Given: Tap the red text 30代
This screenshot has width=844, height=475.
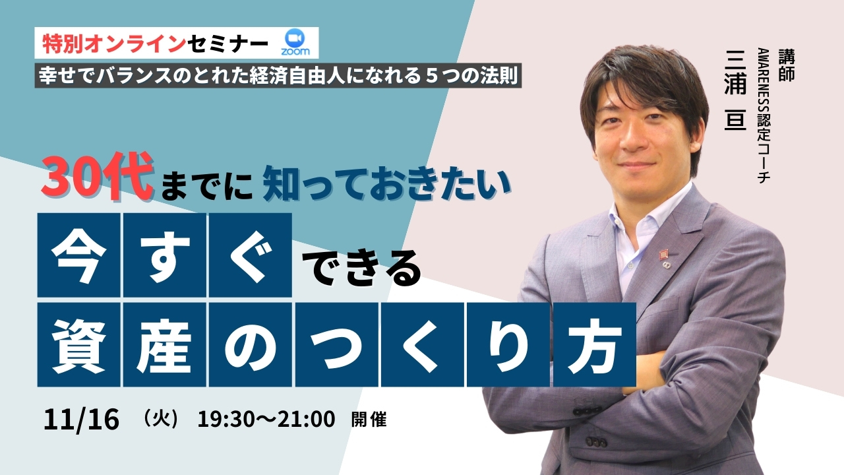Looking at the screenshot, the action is pyautogui.click(x=98, y=176).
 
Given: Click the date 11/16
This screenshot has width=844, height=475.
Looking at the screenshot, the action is pyautogui.click(x=81, y=419).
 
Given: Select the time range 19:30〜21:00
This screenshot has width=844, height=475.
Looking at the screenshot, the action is pyautogui.click(x=266, y=419).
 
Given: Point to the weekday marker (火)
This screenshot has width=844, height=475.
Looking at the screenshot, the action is pyautogui.click(x=161, y=418).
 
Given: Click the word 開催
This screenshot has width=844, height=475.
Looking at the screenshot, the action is pyautogui.click(x=369, y=420).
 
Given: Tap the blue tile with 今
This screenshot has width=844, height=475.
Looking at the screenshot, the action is pyautogui.click(x=78, y=255).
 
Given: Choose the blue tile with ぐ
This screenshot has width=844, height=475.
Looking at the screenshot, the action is pyautogui.click(x=251, y=255).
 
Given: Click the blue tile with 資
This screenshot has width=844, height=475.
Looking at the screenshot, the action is pyautogui.click(x=78, y=344).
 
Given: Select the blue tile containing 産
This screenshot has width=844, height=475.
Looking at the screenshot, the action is pyautogui.click(x=165, y=344).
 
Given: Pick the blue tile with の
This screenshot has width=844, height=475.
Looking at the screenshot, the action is pyautogui.click(x=251, y=344).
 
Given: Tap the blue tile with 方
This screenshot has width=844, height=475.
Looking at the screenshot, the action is pyautogui.click(x=595, y=344).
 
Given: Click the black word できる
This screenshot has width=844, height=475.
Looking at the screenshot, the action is pyautogui.click(x=362, y=268).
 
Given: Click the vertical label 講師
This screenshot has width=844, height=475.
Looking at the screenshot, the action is pyautogui.click(x=787, y=65).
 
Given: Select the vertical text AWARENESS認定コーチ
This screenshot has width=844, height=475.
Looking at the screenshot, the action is pyautogui.click(x=764, y=115).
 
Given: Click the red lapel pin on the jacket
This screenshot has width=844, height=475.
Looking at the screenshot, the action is pyautogui.click(x=663, y=255).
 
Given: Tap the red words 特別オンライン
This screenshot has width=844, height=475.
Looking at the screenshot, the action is pyautogui.click(x=114, y=44).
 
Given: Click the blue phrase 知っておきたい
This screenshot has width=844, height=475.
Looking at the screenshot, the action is pyautogui.click(x=387, y=184).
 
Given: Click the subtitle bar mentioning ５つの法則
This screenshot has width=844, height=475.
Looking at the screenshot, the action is pyautogui.click(x=278, y=75).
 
